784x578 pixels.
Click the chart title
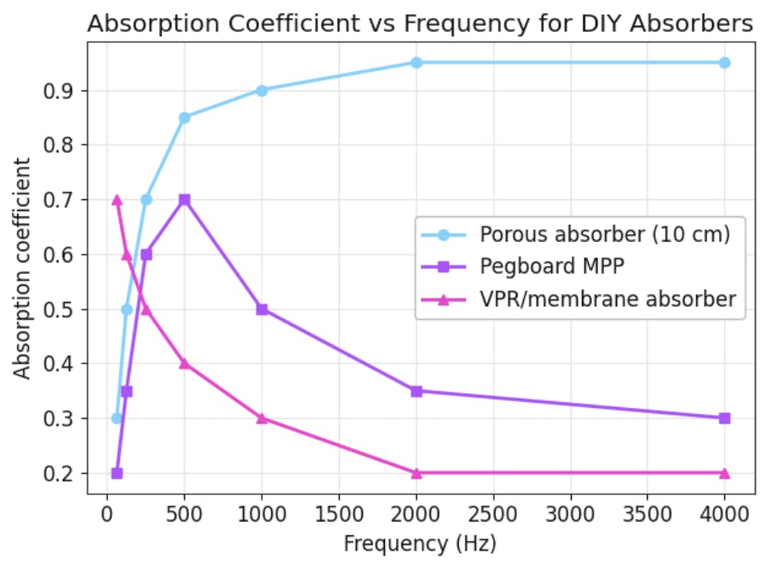[x=420, y=24]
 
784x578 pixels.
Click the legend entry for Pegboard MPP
[x=550, y=266]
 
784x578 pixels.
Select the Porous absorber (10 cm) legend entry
[x=605, y=233]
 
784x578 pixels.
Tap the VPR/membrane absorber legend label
[x=608, y=299]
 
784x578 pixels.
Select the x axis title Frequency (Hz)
[x=419, y=544]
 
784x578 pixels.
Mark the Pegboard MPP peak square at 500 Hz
[x=184, y=199]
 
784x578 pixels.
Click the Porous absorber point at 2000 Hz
[x=416, y=62]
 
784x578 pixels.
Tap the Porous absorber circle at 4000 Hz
[x=724, y=62]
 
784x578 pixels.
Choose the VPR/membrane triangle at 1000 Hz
[x=262, y=418]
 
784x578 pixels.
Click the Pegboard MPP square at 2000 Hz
[x=416, y=391]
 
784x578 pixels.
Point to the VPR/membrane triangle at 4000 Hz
[x=724, y=473]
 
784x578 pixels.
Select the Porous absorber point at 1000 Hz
[x=262, y=90]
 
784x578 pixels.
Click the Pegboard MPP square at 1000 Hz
[x=262, y=309]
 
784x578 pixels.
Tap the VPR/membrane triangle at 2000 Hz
[x=416, y=473]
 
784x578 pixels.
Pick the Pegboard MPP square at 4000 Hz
[x=724, y=418]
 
